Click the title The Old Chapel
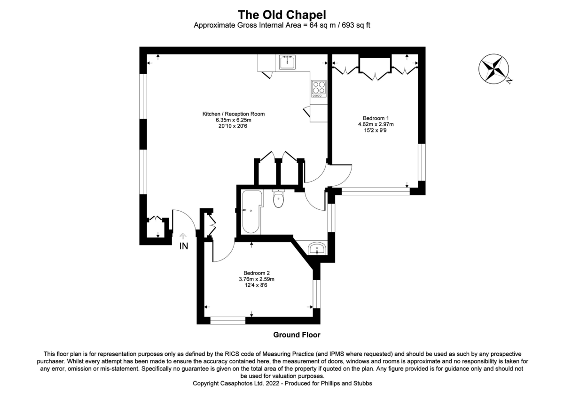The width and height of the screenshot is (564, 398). click(282, 15)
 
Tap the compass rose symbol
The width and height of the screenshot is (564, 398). click(493, 69)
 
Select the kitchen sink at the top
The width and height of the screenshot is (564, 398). click(287, 62)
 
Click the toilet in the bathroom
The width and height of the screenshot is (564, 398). click(278, 199)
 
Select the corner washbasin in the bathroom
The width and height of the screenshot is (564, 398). click(318, 249)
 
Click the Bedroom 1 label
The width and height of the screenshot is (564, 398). click(376, 118)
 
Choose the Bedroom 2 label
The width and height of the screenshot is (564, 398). click(256, 273)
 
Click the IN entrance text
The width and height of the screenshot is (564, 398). click(184, 246)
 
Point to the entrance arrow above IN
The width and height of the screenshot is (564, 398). click(184, 235)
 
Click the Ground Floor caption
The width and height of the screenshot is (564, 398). click(297, 335)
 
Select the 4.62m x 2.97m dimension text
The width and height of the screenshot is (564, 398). click(376, 124)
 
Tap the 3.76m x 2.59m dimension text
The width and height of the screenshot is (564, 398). click(256, 279)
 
